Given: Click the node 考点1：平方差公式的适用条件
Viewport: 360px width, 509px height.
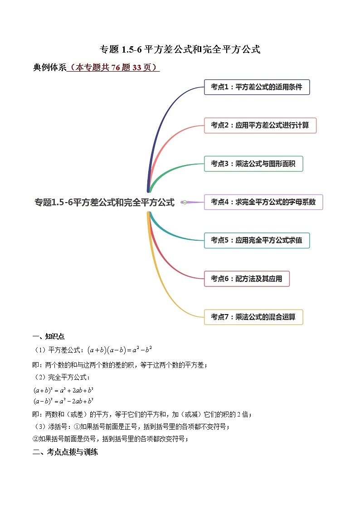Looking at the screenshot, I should (x=257, y=87).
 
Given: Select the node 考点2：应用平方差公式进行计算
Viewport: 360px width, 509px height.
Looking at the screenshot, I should (x=260, y=125).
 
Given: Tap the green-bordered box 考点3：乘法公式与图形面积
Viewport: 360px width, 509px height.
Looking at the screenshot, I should (x=253, y=164).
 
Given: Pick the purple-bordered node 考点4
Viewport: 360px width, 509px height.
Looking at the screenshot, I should (x=263, y=202).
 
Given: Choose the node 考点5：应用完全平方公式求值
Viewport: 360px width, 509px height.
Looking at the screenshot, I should (x=257, y=240).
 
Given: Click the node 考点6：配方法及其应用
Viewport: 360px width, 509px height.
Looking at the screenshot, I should (x=247, y=279).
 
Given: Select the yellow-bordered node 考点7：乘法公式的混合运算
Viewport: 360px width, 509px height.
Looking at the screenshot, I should (x=253, y=317).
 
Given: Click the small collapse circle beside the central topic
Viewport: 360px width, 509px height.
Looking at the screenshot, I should (x=185, y=203).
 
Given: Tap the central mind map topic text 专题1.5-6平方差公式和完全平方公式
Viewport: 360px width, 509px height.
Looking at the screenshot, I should (x=105, y=203).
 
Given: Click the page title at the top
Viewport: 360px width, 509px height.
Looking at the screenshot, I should (x=180, y=49).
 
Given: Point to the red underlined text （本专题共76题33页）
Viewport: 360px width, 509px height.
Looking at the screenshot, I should (x=113, y=68).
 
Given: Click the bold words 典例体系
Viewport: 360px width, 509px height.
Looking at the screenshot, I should (x=49, y=68).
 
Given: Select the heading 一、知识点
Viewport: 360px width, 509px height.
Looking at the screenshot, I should (x=49, y=336).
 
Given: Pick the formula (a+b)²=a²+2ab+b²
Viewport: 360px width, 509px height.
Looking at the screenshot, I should (x=63, y=390).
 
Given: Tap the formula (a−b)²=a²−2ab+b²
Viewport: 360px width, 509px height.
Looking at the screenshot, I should (x=63, y=401).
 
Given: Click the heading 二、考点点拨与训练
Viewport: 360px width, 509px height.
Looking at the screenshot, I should (x=65, y=452).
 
